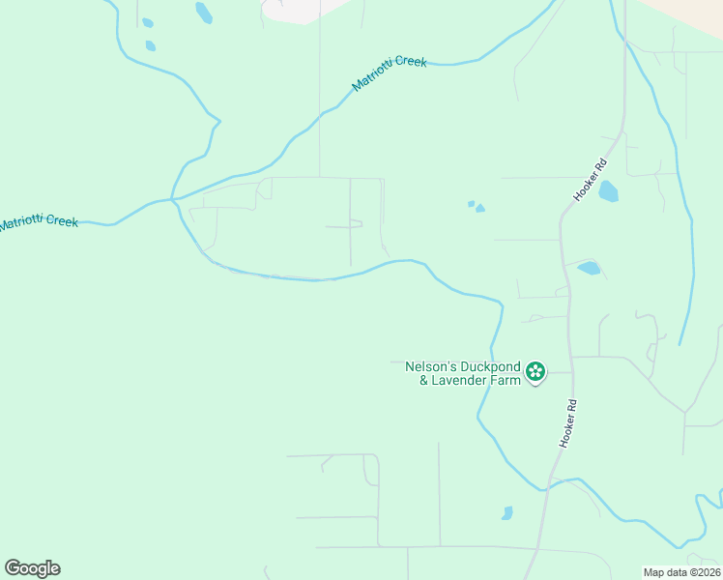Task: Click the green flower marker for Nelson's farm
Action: (535, 371)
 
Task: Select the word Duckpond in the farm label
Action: (489, 367)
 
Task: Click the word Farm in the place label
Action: (507, 381)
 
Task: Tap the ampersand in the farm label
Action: (423, 381)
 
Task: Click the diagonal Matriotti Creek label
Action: (389, 74)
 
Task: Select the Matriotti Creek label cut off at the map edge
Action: (39, 222)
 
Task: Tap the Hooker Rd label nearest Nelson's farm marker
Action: (569, 423)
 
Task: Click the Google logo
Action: (32, 568)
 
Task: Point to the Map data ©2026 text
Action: (681, 572)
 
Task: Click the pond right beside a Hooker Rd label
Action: (608, 191)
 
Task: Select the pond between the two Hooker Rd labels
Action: (588, 269)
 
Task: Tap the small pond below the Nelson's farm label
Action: (506, 513)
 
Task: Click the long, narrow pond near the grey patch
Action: (204, 13)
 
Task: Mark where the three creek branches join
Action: (174, 198)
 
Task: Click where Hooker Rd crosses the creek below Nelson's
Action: (547, 487)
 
